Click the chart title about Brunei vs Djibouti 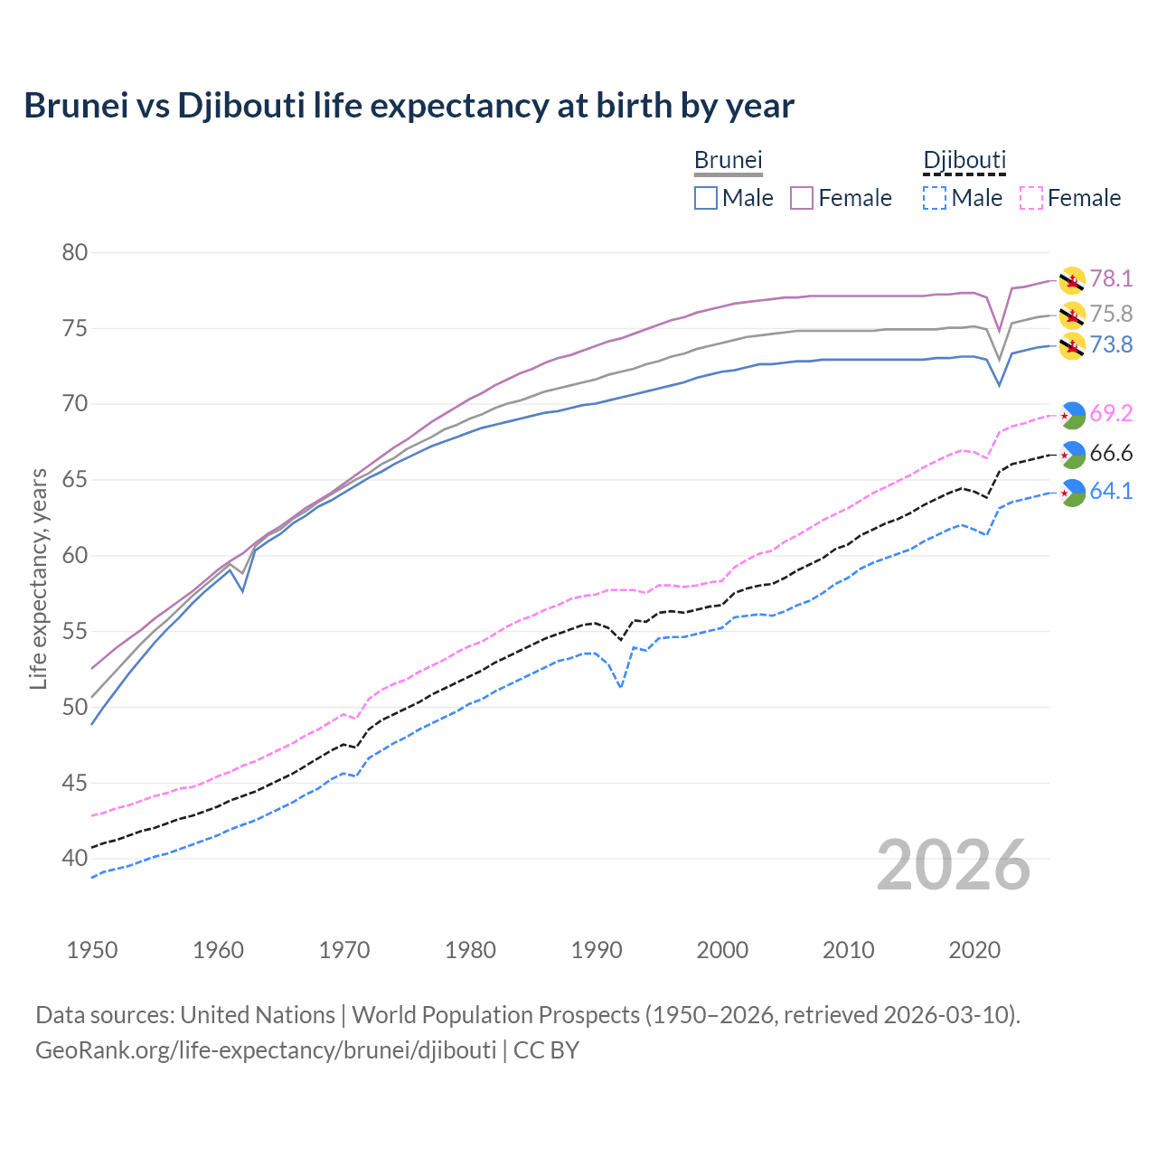click(x=409, y=106)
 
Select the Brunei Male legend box click(x=706, y=198)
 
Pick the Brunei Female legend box click(x=802, y=198)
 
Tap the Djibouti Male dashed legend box click(x=935, y=198)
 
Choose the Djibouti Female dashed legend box click(x=1030, y=198)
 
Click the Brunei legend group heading click(x=728, y=160)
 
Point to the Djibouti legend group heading click(x=964, y=160)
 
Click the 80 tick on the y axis click(x=75, y=252)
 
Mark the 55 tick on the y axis click(x=75, y=631)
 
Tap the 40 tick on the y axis click(x=75, y=858)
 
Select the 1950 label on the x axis click(x=92, y=950)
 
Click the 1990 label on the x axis click(x=597, y=950)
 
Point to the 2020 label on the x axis click(x=974, y=950)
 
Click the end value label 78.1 click(x=1111, y=279)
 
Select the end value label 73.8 click(x=1111, y=345)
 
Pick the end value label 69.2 click(x=1111, y=414)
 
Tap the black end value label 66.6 click(x=1111, y=453)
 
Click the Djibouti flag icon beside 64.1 click(x=1072, y=493)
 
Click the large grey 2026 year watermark click(x=954, y=865)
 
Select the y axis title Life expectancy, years click(x=38, y=578)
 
